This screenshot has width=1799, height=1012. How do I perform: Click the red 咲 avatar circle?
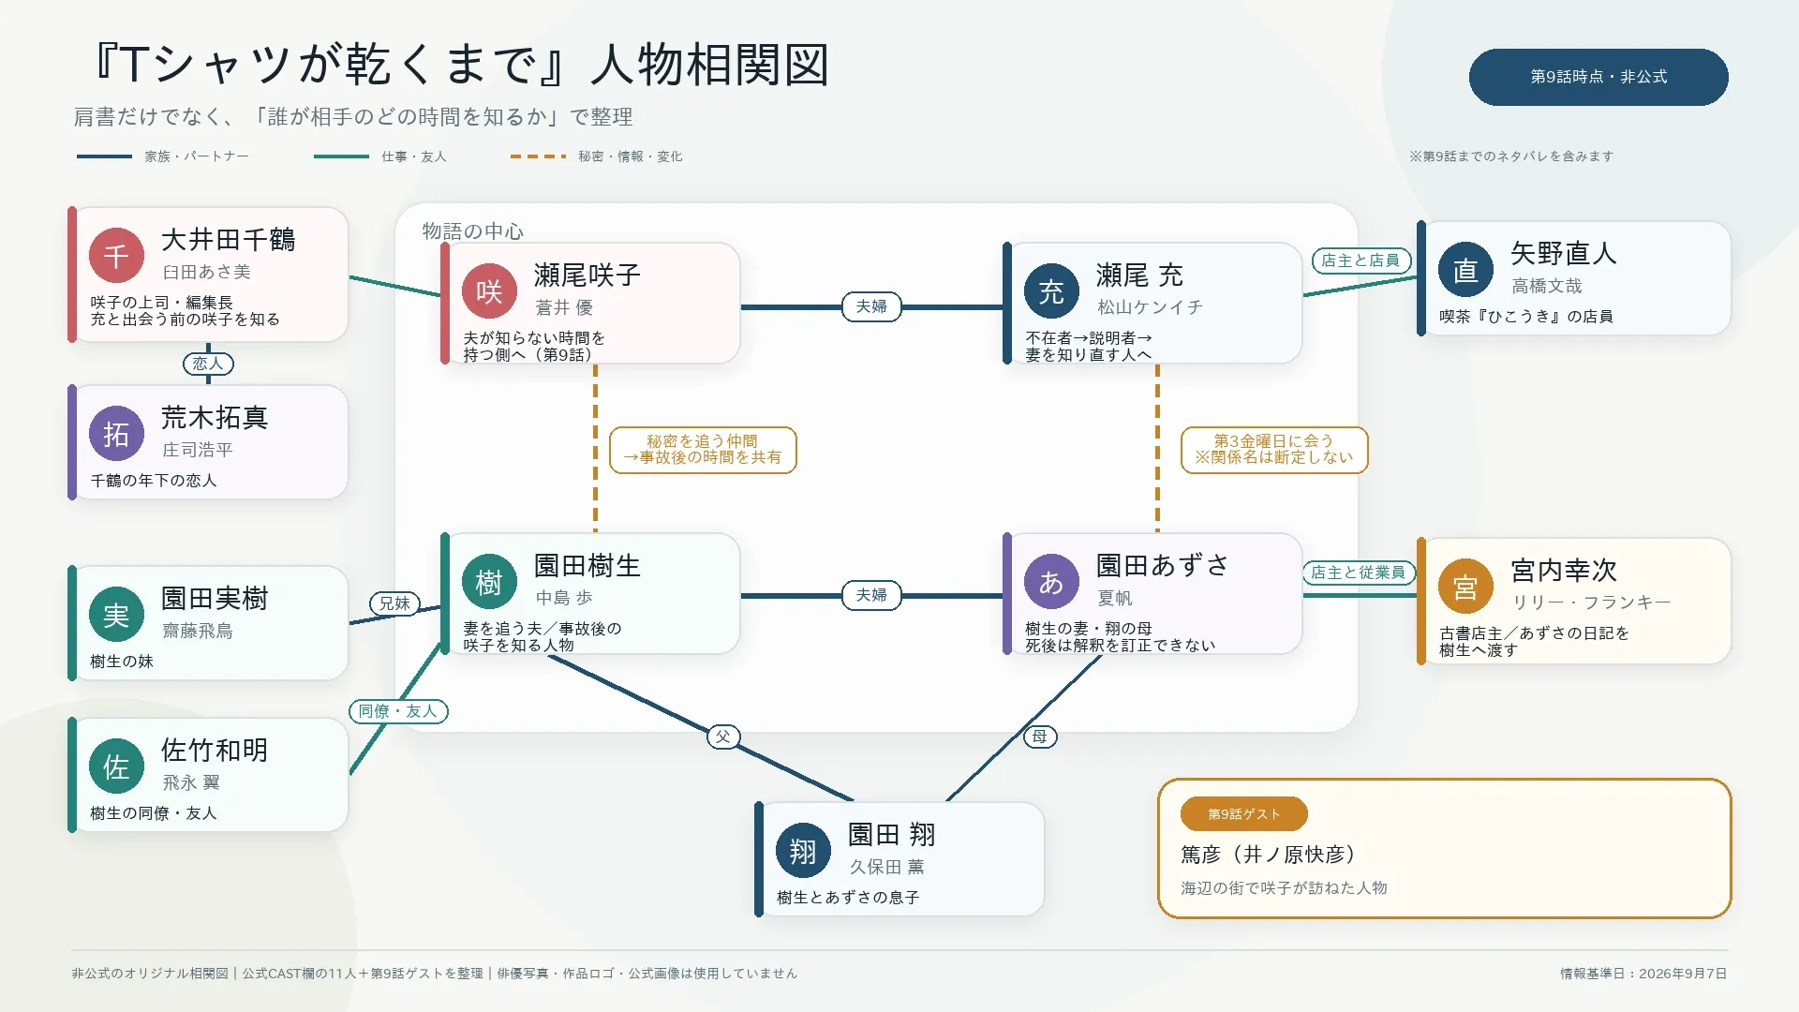point(489,291)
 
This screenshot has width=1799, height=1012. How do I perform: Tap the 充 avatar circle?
point(1051,291)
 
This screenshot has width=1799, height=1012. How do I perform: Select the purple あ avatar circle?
point(1051,582)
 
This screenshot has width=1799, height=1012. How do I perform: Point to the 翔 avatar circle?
point(803,851)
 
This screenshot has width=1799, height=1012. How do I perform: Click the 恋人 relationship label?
point(208,364)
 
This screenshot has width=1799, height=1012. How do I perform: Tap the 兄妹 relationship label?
point(394,603)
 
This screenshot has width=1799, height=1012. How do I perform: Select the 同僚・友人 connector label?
point(398,711)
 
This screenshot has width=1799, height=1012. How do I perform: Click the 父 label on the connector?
point(722,737)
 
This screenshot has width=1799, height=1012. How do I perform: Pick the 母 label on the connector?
point(1040,737)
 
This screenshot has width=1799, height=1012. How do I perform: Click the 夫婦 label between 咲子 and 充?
point(871,306)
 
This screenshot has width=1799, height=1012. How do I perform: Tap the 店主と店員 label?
point(1360,260)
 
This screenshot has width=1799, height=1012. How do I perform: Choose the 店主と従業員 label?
point(1358,573)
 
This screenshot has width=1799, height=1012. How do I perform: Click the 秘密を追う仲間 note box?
point(703,450)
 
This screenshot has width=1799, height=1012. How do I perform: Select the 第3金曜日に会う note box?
point(1274,450)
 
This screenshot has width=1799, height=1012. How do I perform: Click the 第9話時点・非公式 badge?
point(1598,77)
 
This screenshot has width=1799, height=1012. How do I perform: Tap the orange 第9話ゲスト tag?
point(1244,814)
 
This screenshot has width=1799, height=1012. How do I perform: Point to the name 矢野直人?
point(1564,253)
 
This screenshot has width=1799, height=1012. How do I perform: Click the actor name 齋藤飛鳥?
point(198,631)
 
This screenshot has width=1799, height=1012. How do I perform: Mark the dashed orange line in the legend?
point(538,156)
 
